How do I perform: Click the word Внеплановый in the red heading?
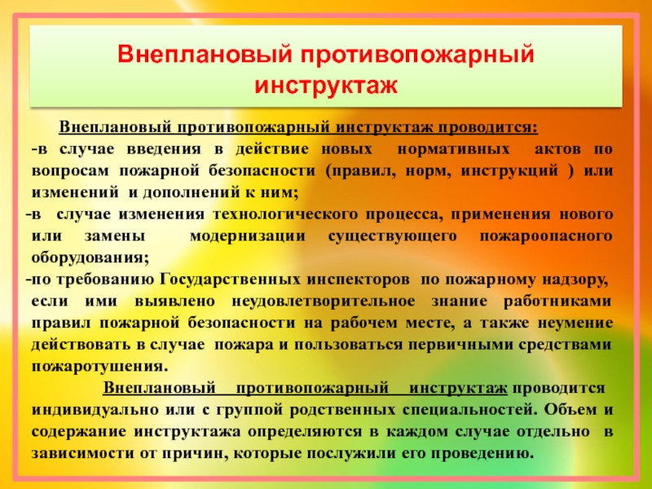[205, 54]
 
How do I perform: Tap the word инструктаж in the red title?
[326, 85]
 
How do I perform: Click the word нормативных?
[453, 149]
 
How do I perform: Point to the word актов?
[557, 149]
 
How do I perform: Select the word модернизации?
[248, 236]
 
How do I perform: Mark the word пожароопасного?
[546, 236]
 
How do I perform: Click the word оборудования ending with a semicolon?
[90, 258]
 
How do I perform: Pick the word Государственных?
[230, 280]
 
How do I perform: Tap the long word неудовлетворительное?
[323, 301]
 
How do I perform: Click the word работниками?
[557, 301]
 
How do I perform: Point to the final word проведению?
[482, 453]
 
